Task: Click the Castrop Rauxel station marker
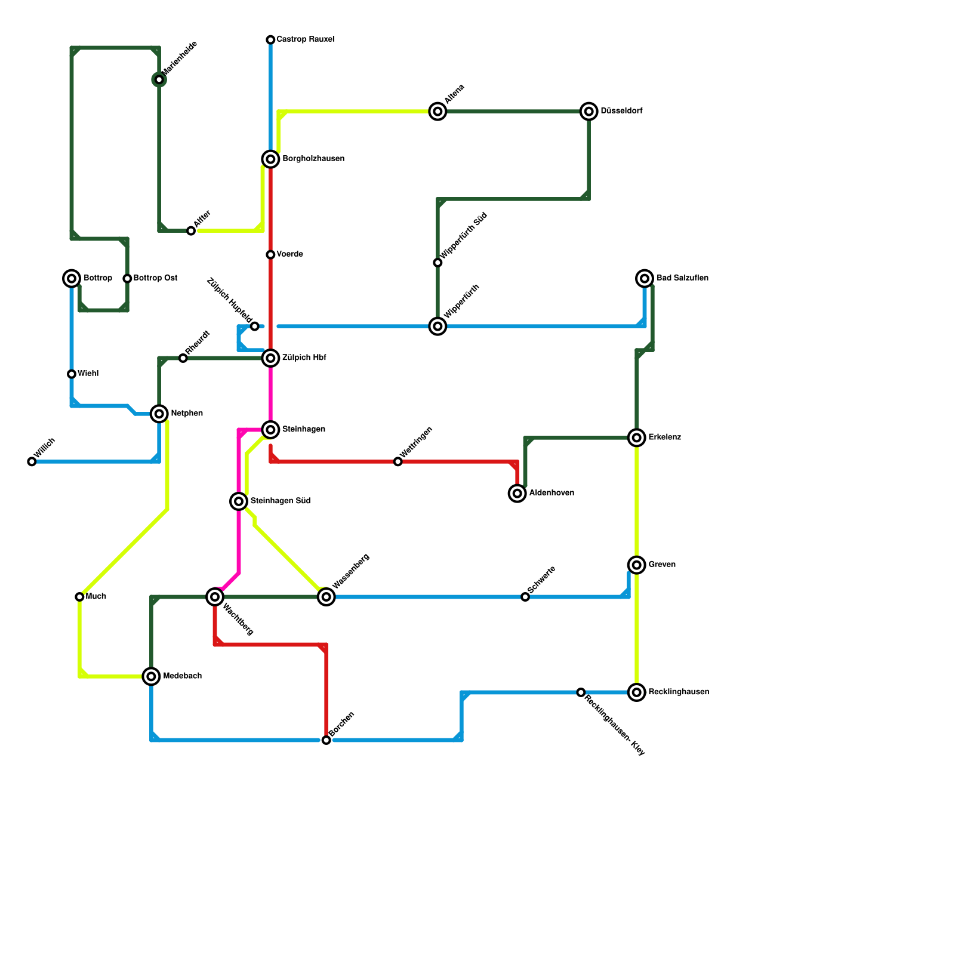(270, 40)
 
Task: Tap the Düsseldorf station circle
(589, 111)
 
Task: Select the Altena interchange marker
(438, 111)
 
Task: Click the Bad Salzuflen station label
(682, 278)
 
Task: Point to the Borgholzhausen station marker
(270, 159)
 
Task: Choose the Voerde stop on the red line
(270, 255)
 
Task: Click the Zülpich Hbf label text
(304, 358)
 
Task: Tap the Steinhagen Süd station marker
(239, 501)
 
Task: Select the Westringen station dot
(398, 461)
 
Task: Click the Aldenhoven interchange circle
(517, 493)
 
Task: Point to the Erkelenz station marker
(637, 438)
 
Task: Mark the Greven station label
(662, 565)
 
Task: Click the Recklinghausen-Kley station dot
(581, 692)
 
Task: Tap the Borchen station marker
(326, 740)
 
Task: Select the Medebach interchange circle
(152, 676)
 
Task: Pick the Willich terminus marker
(32, 461)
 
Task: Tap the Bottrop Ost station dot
(127, 278)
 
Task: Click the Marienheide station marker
(159, 79)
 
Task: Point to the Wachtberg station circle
(215, 597)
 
